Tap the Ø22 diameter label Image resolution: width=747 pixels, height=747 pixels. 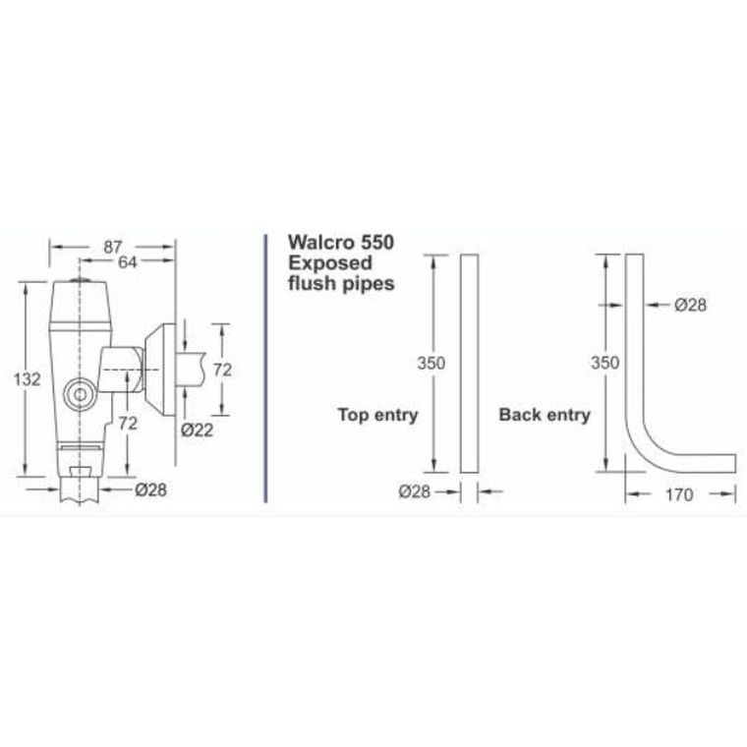tap(200, 429)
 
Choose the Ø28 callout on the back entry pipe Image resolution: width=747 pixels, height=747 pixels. tap(691, 305)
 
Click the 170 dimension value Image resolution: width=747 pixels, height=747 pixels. tap(678, 494)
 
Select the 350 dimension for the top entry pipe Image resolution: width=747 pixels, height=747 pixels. tap(431, 363)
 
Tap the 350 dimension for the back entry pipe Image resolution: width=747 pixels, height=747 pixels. tap(604, 363)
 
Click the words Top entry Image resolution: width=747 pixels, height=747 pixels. tap(377, 414)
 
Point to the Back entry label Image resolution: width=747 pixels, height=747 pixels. tap(545, 414)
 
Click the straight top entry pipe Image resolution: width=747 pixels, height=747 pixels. tap(469, 364)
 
